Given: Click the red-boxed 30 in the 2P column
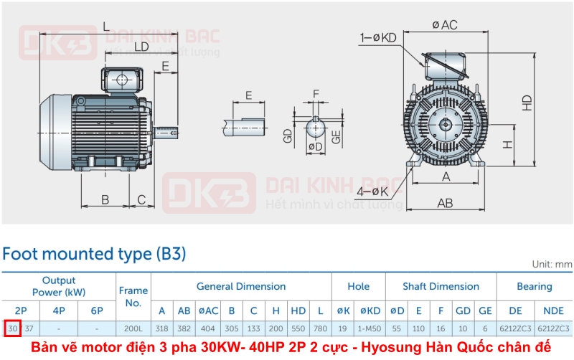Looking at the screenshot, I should click(12, 328).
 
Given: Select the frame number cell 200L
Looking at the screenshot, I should click(133, 328).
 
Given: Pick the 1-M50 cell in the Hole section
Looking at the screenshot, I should click(370, 328).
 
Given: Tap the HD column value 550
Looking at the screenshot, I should click(298, 328).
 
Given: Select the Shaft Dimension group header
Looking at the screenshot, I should click(441, 286).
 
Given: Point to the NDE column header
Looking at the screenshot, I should click(553, 310).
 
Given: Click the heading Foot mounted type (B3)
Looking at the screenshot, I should click(94, 254).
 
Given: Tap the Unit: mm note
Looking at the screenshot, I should click(552, 264).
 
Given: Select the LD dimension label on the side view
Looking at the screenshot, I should click(141, 47).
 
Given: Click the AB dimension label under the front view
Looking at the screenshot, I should click(445, 203).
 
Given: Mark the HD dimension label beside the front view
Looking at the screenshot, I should click(527, 103).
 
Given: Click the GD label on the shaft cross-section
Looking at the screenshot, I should click(288, 137).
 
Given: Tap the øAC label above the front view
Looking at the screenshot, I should click(445, 25).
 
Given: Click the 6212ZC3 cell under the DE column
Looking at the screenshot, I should click(515, 328).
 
